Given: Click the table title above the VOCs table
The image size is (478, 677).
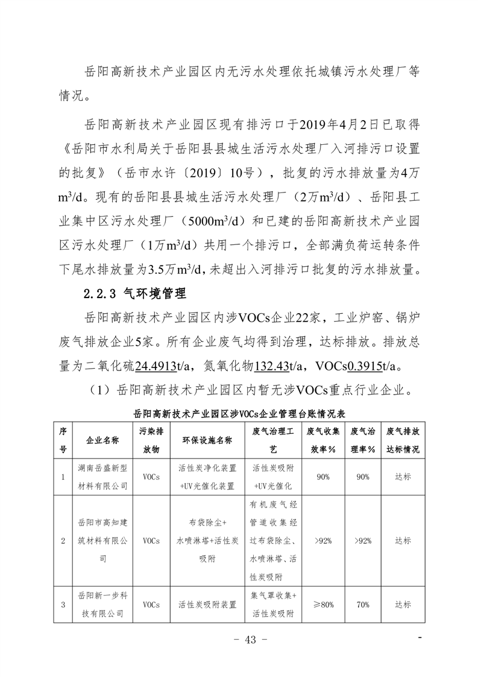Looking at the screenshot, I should [238, 415].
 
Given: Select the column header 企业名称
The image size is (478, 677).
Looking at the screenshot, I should [102, 440].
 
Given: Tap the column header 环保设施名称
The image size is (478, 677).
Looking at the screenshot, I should [207, 440].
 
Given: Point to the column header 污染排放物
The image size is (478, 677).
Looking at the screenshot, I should [151, 440].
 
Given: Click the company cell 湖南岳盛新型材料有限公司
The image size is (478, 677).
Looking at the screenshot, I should [102, 477].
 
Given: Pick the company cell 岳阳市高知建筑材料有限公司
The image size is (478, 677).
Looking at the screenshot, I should [102, 540].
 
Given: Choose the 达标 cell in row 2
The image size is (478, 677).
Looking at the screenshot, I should [403, 540].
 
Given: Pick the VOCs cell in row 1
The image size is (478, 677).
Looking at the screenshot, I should [151, 477].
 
